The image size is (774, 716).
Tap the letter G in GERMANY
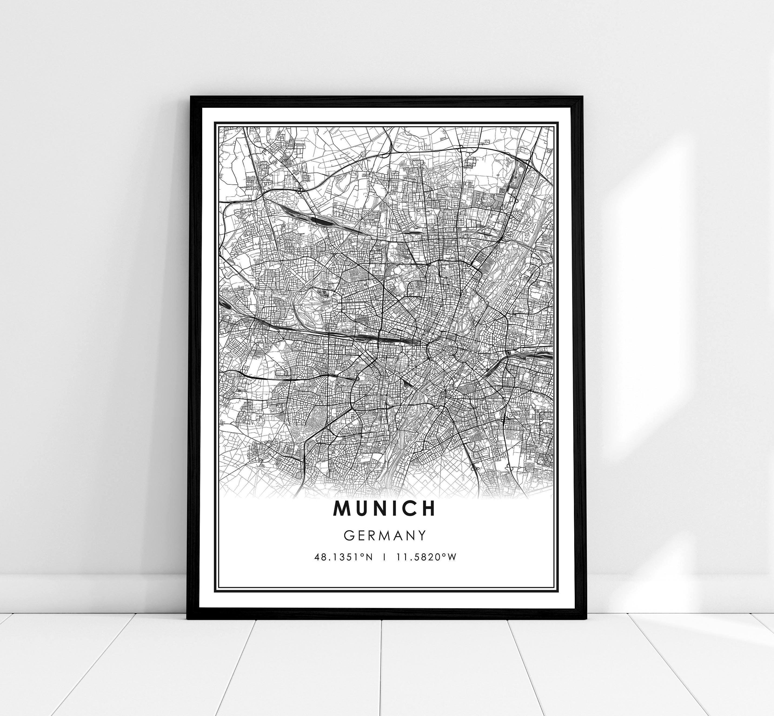pyautogui.click(x=348, y=536)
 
